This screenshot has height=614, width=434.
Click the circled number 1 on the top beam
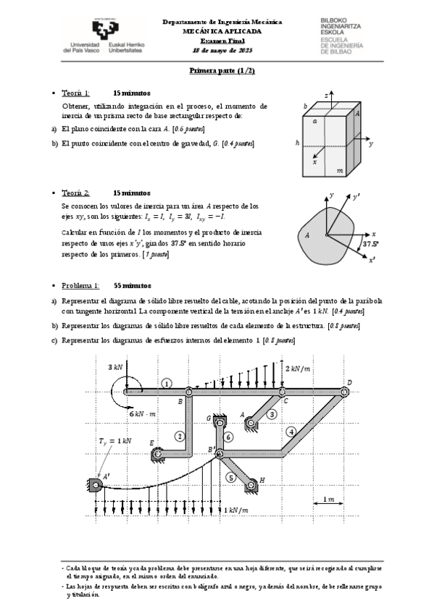(x=167, y=384)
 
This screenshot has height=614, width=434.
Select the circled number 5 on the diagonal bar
(x=230, y=477)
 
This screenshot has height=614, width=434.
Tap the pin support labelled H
(x=253, y=483)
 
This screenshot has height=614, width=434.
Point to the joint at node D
(x=347, y=392)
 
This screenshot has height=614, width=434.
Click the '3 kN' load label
(x=114, y=367)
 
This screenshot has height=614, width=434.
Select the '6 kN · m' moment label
(x=143, y=413)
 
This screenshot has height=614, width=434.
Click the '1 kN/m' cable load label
(x=241, y=510)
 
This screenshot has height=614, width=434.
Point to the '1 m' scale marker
(x=331, y=500)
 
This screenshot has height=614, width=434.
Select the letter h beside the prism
(x=297, y=143)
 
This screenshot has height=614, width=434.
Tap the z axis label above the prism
(x=327, y=94)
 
